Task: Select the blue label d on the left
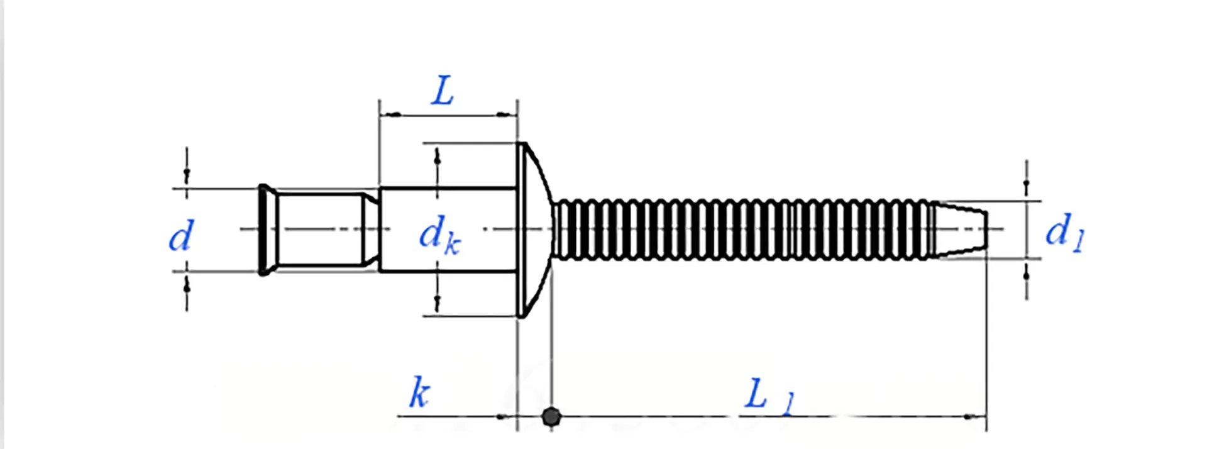tap(182, 236)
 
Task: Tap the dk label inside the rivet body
tap(439, 236)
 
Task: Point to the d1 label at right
tap(1064, 232)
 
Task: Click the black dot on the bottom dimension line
tap(551, 416)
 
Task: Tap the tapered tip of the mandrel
tap(960, 230)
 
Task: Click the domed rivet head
tap(535, 230)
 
